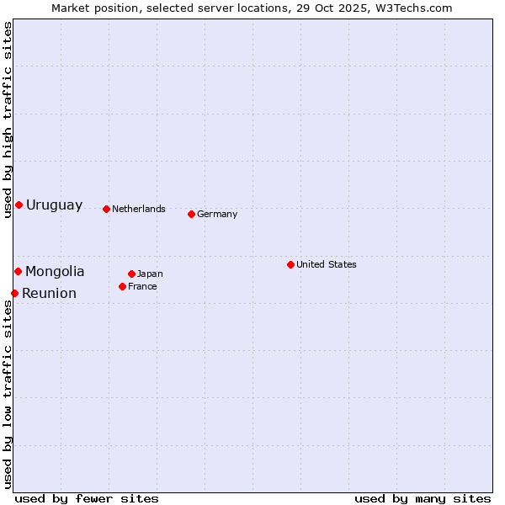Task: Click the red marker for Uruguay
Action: (x=19, y=205)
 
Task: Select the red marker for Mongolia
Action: (x=18, y=271)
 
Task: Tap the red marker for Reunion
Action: (x=14, y=293)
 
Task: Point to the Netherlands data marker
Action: (x=106, y=209)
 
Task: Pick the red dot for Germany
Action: (x=191, y=214)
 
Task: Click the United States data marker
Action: (x=290, y=264)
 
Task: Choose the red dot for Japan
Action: (x=131, y=274)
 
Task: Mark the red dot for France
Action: (x=122, y=286)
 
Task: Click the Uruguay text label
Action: (x=55, y=205)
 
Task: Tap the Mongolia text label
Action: (x=55, y=271)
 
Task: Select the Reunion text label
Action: (x=49, y=293)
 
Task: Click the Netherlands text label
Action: (x=139, y=209)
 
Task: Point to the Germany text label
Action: (x=217, y=214)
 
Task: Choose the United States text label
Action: (x=327, y=264)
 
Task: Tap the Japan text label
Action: (x=150, y=274)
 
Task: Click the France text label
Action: (x=142, y=286)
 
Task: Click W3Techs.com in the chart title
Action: (x=414, y=8)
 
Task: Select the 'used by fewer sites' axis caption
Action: (x=87, y=498)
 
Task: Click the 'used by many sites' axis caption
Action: (x=423, y=498)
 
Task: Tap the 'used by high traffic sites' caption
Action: (x=8, y=120)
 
